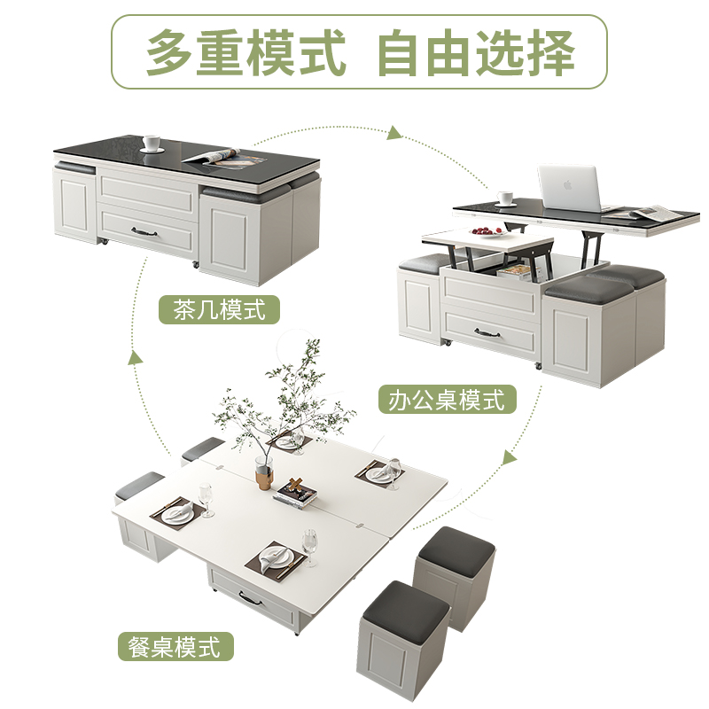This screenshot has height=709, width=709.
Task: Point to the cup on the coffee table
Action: click(151, 143)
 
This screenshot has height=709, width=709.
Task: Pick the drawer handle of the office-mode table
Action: click(488, 333)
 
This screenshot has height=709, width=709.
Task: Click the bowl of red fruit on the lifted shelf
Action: click(486, 232)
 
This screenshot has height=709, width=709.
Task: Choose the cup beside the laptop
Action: click(506, 198)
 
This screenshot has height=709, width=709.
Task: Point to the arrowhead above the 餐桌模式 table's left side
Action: click(136, 358)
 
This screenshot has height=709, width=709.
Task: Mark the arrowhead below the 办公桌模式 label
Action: click(509, 458)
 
